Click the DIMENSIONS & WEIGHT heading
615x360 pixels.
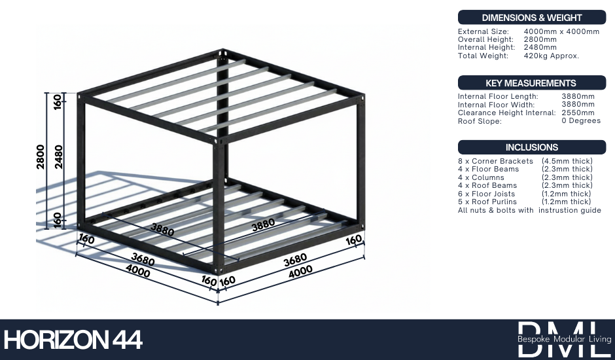coord(531,18)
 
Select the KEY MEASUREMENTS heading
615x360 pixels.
coord(531,83)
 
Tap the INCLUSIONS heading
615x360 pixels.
coord(531,147)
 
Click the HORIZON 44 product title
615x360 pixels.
coord(73,340)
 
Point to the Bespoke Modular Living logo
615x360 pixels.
coord(564,339)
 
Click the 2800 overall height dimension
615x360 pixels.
coord(41,157)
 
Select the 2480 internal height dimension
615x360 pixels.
coord(59,157)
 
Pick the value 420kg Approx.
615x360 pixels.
coord(552,56)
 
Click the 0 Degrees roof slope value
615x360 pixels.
coord(581,121)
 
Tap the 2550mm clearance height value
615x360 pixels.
coord(578,113)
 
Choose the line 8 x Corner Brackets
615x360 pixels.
coord(495,161)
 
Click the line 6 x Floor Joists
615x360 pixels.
coord(486,194)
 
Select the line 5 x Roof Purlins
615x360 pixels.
coord(487,202)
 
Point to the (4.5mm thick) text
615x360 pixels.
coord(567,161)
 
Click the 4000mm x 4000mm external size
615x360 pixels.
coord(561,31)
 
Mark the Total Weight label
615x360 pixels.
coord(483,56)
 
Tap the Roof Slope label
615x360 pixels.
coord(480,121)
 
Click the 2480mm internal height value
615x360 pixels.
coord(540,47)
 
